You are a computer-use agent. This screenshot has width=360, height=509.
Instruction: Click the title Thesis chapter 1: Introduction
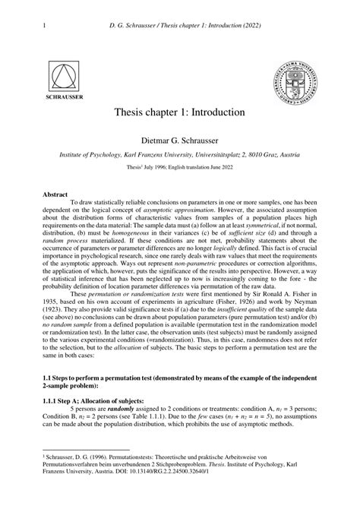[x=179, y=112]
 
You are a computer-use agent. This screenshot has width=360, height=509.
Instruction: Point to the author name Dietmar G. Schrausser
[x=179, y=140]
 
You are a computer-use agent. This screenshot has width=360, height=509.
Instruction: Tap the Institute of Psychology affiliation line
[x=179, y=153]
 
